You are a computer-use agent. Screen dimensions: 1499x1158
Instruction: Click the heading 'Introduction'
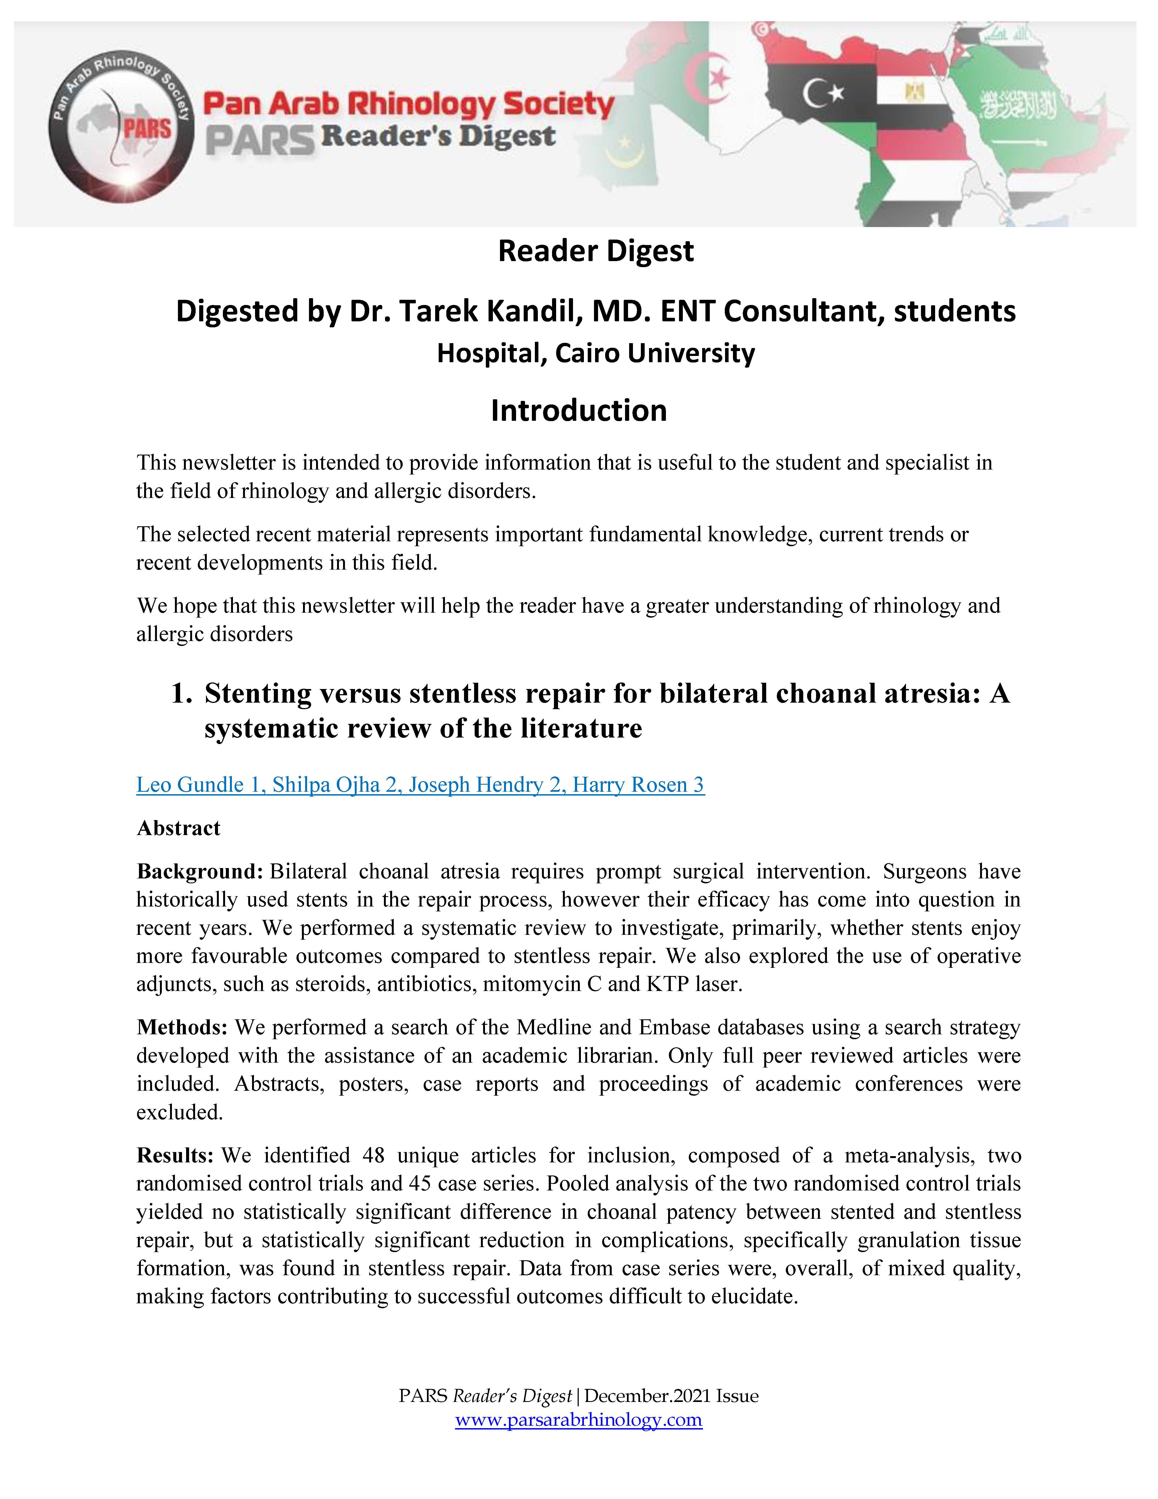click(x=578, y=410)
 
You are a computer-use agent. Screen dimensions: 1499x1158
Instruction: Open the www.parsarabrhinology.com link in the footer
click(x=578, y=1419)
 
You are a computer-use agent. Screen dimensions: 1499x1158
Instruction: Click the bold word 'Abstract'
click(x=178, y=829)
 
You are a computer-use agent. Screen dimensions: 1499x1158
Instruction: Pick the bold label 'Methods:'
click(x=182, y=1027)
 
